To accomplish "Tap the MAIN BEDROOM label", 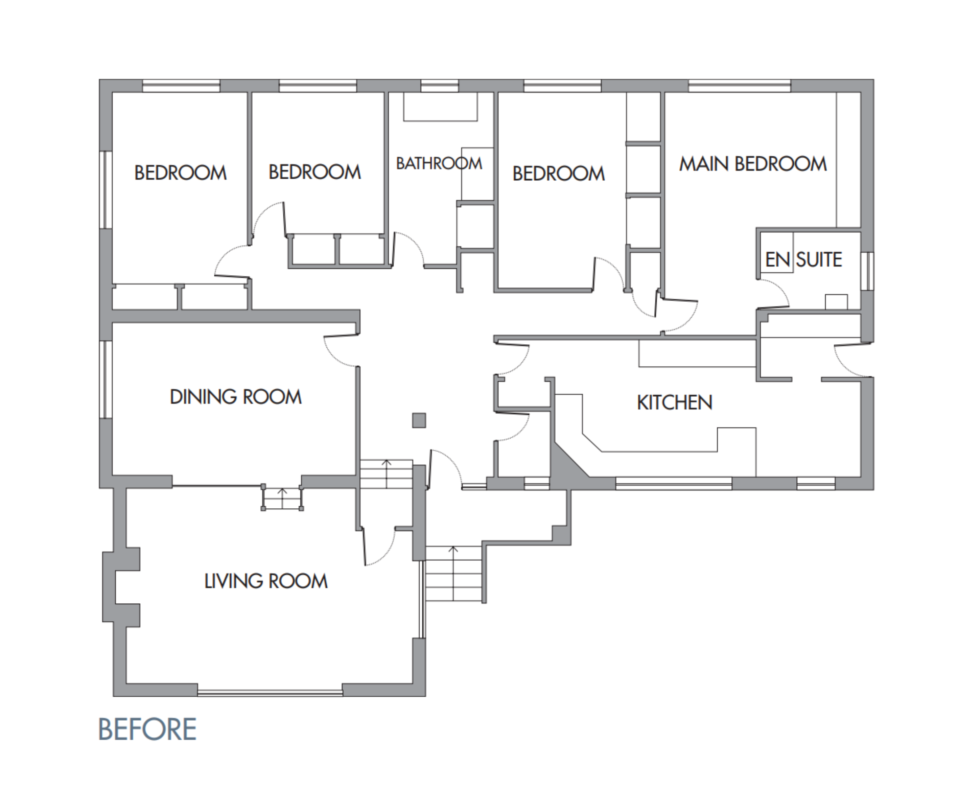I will pyautogui.click(x=752, y=164).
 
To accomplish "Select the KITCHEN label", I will pyautogui.click(x=674, y=403).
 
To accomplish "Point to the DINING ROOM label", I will pyautogui.click(x=236, y=397).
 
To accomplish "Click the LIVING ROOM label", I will pyautogui.click(x=265, y=581).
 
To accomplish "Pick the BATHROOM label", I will pyautogui.click(x=439, y=163).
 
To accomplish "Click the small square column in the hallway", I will pyautogui.click(x=419, y=420).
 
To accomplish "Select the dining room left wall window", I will pyautogui.click(x=105, y=379).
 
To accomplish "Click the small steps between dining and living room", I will pyautogui.click(x=282, y=499).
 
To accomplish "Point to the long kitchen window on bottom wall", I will pyautogui.click(x=673, y=483).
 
